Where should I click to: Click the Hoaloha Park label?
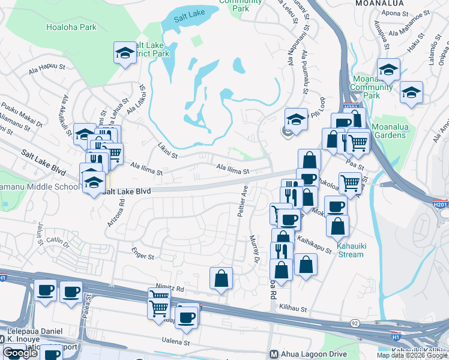click(x=71, y=27)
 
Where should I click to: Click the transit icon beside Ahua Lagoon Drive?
click(x=274, y=354)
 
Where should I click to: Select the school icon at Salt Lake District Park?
click(x=125, y=53)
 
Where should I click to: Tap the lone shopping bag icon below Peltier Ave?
click(x=221, y=278)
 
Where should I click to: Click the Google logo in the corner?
click(x=20, y=353)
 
